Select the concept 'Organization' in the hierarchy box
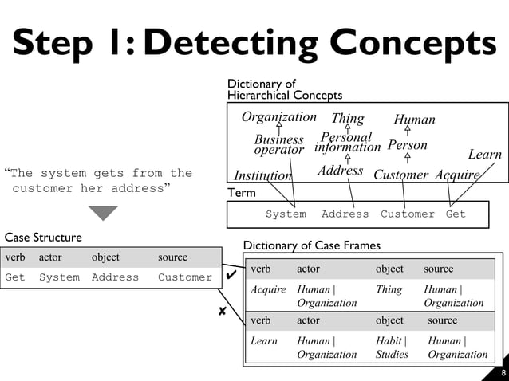point(279,117)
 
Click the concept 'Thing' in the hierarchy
point(347,119)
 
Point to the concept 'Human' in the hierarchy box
point(414,120)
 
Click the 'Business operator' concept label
point(279,145)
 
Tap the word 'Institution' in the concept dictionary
point(262,175)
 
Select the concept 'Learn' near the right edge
point(484,155)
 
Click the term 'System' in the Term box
point(286,214)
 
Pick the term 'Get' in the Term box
point(456,214)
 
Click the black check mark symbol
point(231,275)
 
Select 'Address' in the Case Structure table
point(115,277)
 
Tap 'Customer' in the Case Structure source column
point(185,277)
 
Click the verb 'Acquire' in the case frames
point(268,289)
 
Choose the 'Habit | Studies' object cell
point(392,348)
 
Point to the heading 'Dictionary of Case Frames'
point(312,245)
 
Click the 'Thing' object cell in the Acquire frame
point(389,289)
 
